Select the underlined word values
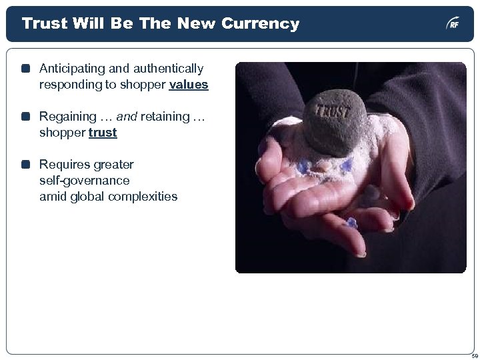189,85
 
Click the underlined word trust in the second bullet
102,133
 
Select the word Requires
63,165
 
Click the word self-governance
85,181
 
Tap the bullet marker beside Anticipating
25,69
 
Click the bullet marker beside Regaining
25,117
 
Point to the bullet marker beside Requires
25,165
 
